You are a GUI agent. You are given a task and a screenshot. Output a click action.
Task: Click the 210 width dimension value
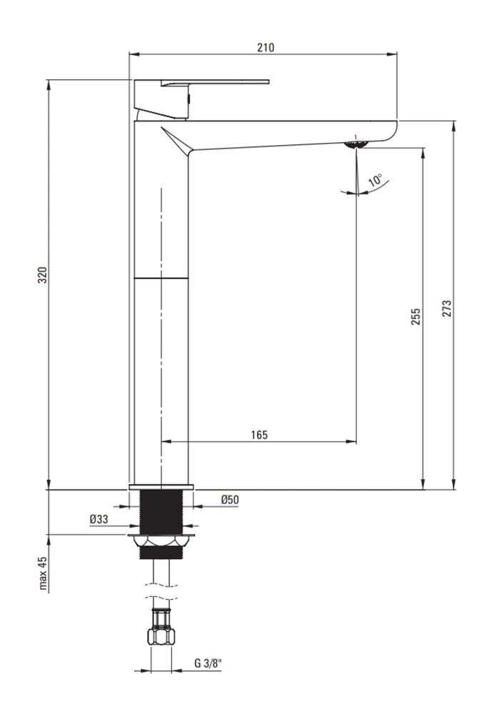point(266,47)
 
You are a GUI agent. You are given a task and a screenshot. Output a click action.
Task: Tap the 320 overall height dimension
point(42,275)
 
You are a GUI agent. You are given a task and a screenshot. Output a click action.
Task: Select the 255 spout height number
point(415,316)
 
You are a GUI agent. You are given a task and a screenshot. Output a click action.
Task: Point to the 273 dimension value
point(447,308)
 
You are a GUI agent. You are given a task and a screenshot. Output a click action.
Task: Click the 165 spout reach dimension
point(259,435)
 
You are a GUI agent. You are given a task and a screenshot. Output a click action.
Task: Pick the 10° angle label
point(375,180)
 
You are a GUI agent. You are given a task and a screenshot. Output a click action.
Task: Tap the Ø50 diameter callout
point(230,500)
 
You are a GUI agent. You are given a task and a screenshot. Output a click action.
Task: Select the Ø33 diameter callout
point(99,519)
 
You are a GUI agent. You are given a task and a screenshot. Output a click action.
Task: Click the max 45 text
point(43,573)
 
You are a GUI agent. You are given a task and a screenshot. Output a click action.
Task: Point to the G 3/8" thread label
point(208,663)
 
